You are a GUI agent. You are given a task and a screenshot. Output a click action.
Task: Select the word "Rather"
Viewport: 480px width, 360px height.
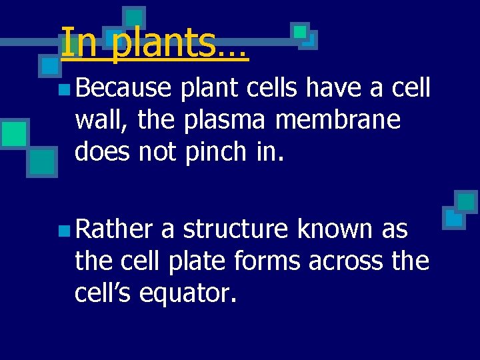115,229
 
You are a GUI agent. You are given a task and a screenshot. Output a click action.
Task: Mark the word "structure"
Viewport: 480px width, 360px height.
236,229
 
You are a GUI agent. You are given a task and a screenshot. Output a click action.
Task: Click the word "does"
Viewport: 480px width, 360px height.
103,152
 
